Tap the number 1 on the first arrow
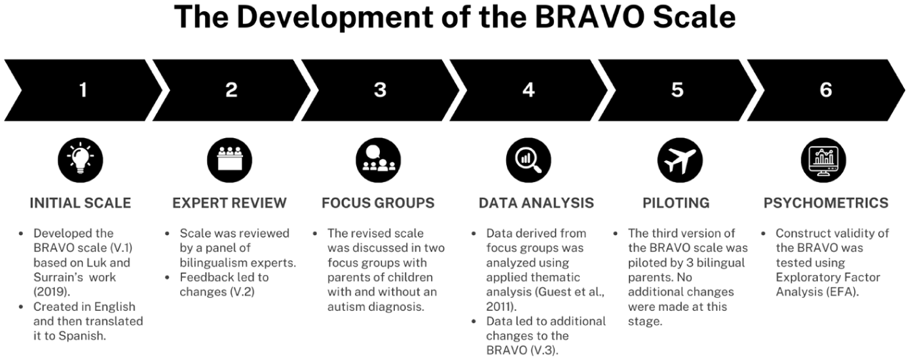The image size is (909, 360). pyautogui.click(x=83, y=90)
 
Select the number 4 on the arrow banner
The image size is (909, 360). pyautogui.click(x=529, y=90)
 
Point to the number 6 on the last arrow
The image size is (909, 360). pyautogui.click(x=826, y=90)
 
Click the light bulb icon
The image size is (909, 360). pyautogui.click(x=81, y=160)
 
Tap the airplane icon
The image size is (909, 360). pyautogui.click(x=680, y=160)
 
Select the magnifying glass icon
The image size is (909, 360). pyautogui.click(x=529, y=160)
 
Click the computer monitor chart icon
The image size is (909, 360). pyautogui.click(x=823, y=160)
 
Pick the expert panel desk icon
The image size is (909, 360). pyautogui.click(x=229, y=160)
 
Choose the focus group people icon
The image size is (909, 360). pyautogui.click(x=379, y=160)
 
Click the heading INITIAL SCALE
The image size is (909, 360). pyautogui.click(x=81, y=203)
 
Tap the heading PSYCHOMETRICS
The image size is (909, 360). pyautogui.click(x=826, y=203)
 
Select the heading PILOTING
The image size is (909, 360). pyautogui.click(x=676, y=203)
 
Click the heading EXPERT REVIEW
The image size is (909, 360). pyautogui.click(x=229, y=203)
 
